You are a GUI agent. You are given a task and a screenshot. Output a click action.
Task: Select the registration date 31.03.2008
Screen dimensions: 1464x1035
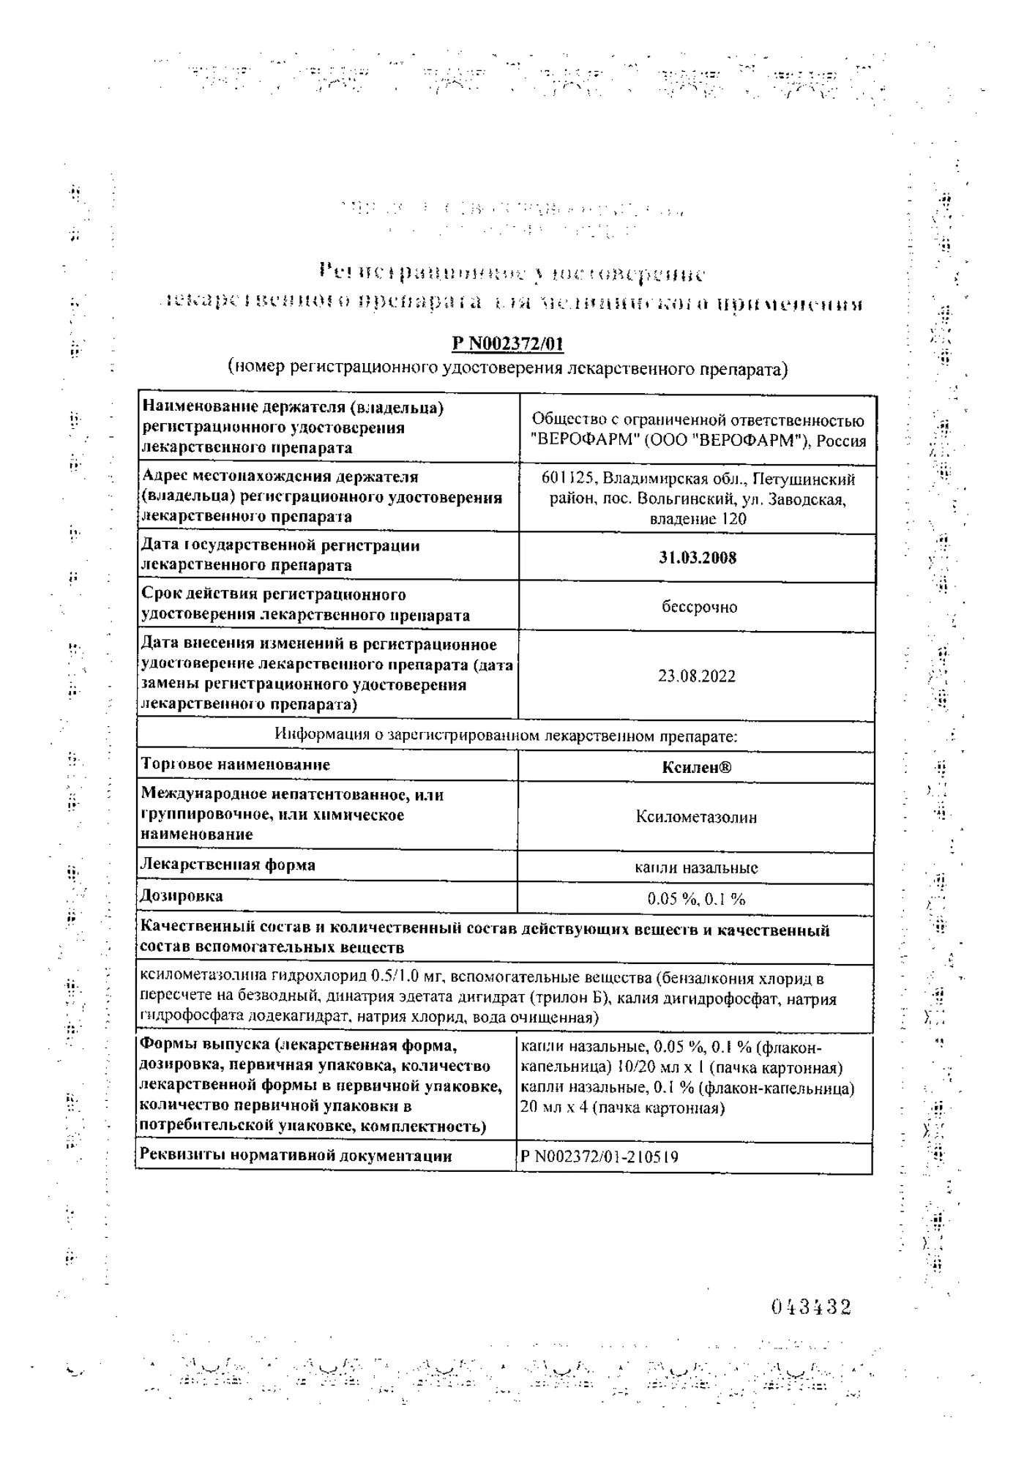coord(697,558)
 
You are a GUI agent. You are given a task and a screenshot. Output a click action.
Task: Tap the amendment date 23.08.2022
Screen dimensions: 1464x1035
coord(696,676)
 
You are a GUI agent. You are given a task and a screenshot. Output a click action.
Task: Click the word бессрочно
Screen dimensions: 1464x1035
coord(699,608)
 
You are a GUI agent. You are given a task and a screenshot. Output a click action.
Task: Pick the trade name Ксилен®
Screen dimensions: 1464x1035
coord(696,767)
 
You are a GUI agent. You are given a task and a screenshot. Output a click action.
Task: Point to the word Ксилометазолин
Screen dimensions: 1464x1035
coord(696,817)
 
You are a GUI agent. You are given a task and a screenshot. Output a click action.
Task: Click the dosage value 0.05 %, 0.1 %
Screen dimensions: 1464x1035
coord(696,899)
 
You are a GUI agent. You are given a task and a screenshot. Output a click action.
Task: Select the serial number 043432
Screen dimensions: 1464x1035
coord(811,1307)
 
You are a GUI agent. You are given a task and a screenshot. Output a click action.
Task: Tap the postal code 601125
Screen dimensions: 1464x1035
coord(568,479)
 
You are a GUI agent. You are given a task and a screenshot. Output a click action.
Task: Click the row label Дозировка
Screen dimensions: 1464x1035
coord(182,896)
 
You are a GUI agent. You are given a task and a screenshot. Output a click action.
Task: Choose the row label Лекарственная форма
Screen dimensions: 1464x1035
coord(228,864)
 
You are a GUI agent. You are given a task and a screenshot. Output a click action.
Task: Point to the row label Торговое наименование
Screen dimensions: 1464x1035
coord(235,765)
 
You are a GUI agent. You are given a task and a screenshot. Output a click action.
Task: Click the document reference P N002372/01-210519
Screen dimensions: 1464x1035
coord(599,1157)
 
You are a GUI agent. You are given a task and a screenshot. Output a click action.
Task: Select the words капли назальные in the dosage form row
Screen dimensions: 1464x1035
coord(696,868)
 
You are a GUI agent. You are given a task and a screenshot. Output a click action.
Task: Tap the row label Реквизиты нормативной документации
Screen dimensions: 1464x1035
coord(296,1156)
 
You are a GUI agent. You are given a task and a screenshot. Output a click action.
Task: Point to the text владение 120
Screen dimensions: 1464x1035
coord(698,519)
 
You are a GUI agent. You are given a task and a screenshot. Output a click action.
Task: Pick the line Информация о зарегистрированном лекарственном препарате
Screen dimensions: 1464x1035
coord(506,736)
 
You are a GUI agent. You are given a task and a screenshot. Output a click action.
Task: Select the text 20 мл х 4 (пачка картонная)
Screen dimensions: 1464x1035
coord(622,1108)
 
